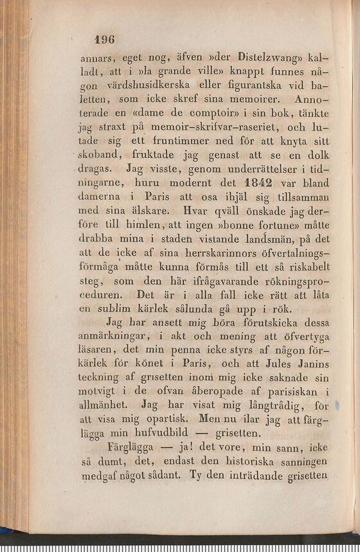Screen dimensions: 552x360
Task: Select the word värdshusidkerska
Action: tap(159, 85)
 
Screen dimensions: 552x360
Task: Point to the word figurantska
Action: tap(258, 85)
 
